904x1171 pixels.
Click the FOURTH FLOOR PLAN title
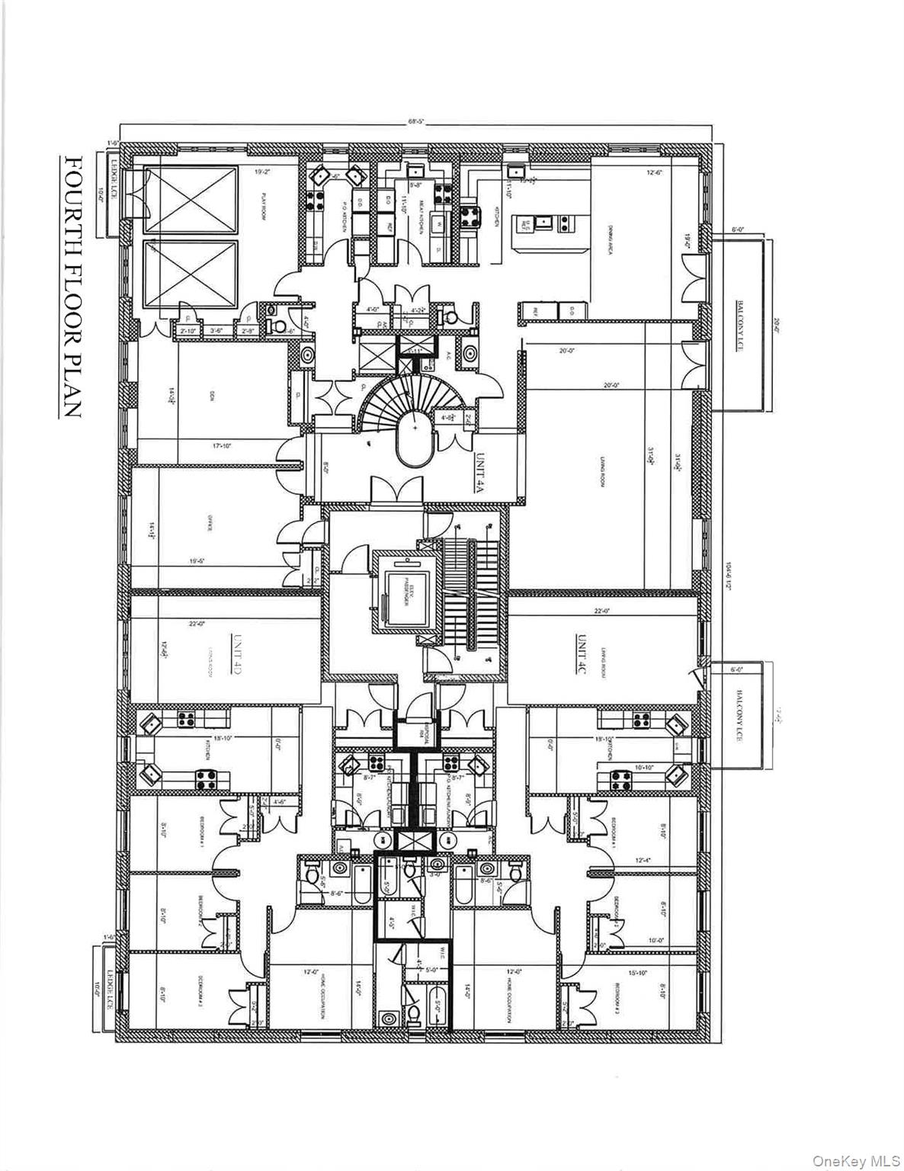(x=73, y=287)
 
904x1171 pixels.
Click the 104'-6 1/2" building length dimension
(x=728, y=571)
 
